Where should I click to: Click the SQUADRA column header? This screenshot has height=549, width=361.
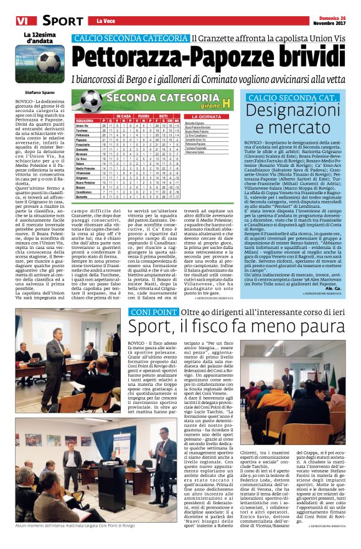point(67,120)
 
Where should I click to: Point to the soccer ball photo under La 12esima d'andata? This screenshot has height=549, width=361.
point(47,62)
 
